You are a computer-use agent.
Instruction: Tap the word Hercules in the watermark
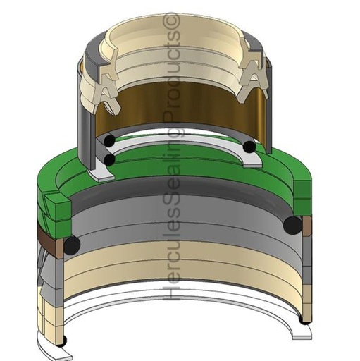coord(172,271)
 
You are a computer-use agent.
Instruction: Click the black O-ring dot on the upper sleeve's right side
coord(249,147)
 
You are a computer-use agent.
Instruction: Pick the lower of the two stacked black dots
coord(109,160)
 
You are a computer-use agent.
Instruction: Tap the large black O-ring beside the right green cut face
coord(292,225)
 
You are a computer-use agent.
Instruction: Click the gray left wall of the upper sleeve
coord(86,120)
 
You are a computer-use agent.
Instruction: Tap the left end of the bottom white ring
coord(56,348)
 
